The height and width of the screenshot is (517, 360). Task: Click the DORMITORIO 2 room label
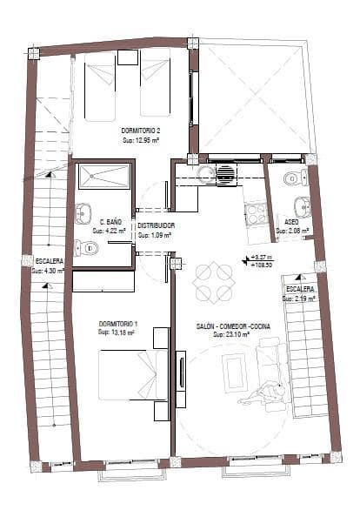(x=140, y=130)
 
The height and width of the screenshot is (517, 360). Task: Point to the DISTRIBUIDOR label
(x=157, y=225)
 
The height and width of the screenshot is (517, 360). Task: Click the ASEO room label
(x=292, y=222)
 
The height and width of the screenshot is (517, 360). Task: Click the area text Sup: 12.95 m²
(x=140, y=138)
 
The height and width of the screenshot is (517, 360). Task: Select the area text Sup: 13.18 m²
(x=116, y=332)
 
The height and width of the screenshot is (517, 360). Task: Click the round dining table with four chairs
(x=215, y=282)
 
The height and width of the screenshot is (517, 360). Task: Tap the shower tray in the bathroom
(x=103, y=177)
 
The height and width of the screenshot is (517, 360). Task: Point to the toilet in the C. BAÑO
(x=87, y=248)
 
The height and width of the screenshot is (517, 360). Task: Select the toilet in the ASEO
(x=294, y=178)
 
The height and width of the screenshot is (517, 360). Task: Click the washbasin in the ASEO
(x=302, y=205)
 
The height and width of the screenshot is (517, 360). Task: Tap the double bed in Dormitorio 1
(x=130, y=373)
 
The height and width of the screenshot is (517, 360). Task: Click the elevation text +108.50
(x=261, y=265)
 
